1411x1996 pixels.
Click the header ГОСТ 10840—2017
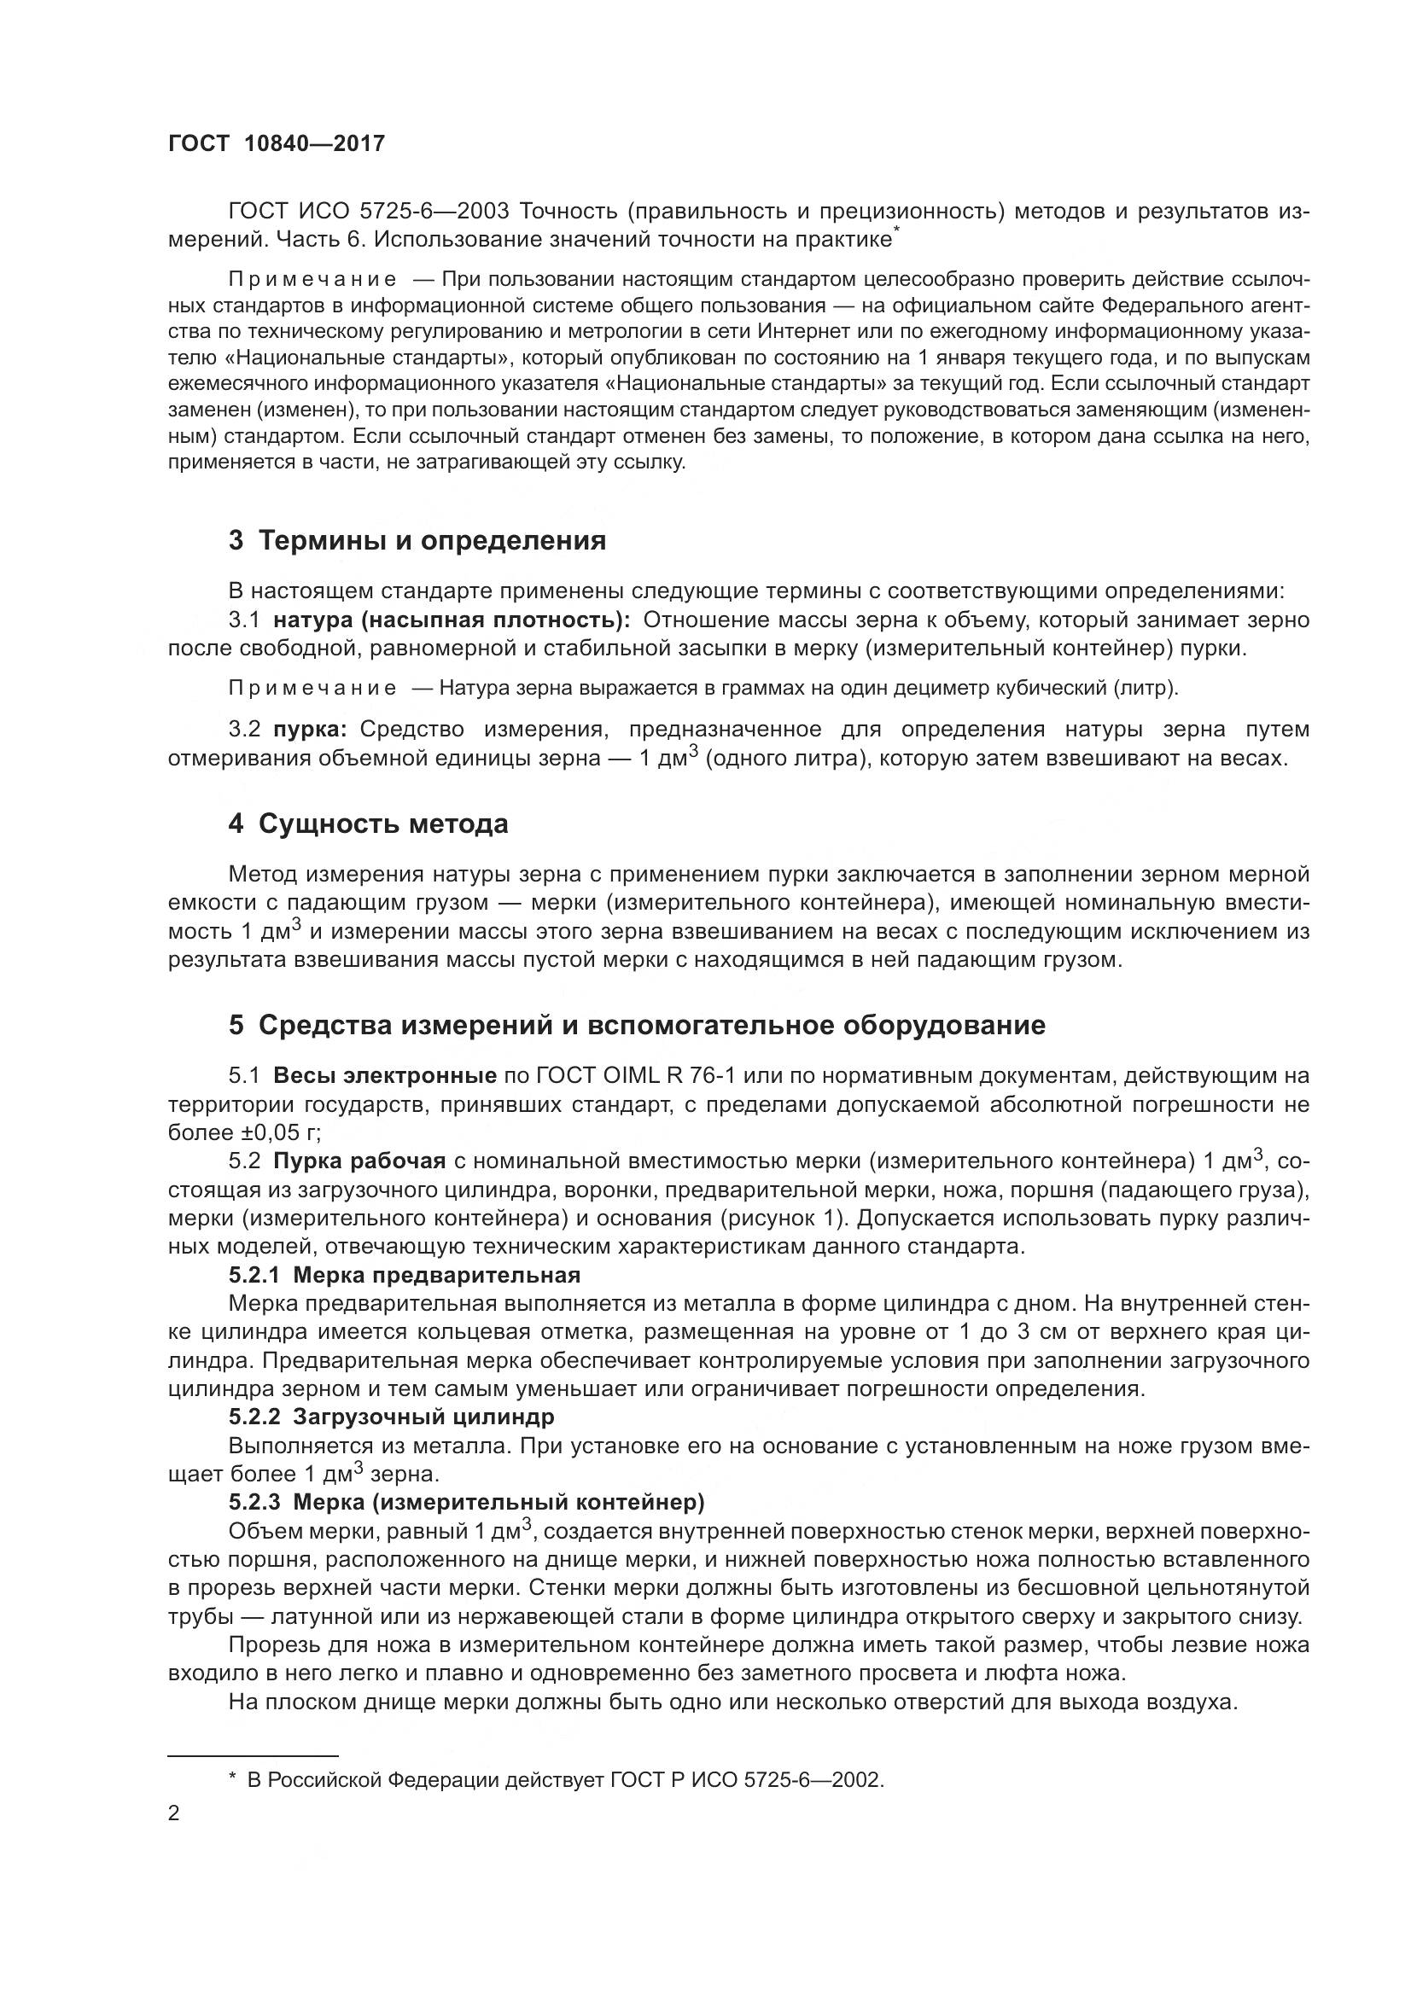(x=276, y=143)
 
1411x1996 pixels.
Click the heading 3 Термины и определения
(x=417, y=541)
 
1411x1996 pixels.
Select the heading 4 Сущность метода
(x=368, y=823)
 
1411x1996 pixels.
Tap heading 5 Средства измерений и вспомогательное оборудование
(x=637, y=1025)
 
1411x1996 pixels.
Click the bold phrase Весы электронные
(x=384, y=1076)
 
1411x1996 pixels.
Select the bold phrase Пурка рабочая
(x=359, y=1161)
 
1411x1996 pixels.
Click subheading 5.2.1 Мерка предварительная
(x=405, y=1275)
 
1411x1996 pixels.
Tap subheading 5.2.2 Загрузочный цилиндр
(x=391, y=1417)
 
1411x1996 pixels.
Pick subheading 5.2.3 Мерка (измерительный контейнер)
(x=466, y=1501)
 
